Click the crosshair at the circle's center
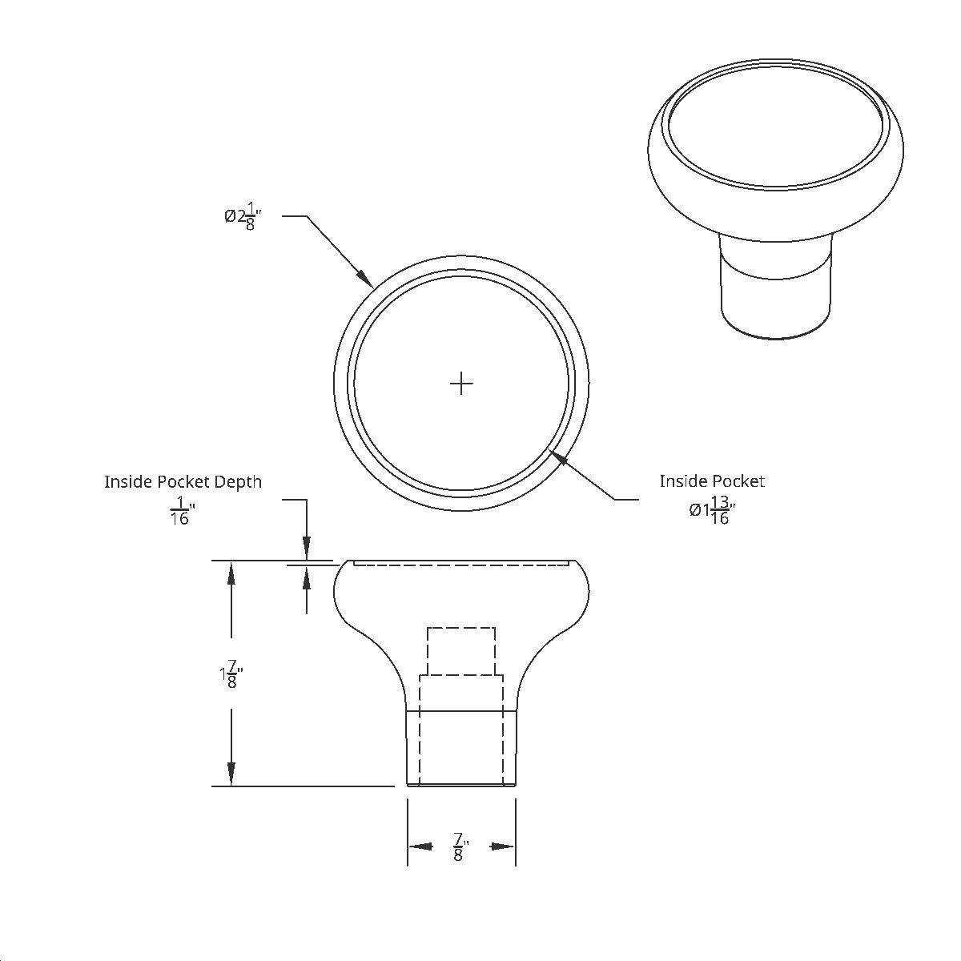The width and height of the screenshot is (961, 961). click(461, 384)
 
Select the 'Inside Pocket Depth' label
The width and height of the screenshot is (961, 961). click(183, 481)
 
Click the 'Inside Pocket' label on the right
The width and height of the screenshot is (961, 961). click(712, 480)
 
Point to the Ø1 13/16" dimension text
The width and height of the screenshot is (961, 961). click(712, 510)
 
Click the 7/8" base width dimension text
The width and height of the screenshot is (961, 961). click(460, 846)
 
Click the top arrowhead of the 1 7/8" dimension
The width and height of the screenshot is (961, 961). click(231, 573)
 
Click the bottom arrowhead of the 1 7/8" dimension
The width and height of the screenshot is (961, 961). click(231, 774)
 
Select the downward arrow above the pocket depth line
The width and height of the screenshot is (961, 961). click(307, 547)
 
